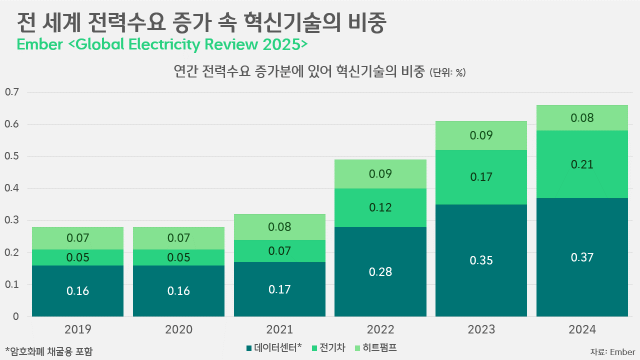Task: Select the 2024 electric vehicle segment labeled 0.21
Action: [582, 150]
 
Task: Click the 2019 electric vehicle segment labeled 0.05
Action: [77, 257]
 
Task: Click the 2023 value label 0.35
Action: [481, 260]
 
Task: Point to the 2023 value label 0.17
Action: [481, 177]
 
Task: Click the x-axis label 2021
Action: [279, 329]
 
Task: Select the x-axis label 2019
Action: [77, 329]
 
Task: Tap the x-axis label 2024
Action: [582, 329]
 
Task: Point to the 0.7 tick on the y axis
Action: [11, 92]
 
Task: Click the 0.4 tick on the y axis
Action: [11, 188]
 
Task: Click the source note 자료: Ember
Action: [612, 351]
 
